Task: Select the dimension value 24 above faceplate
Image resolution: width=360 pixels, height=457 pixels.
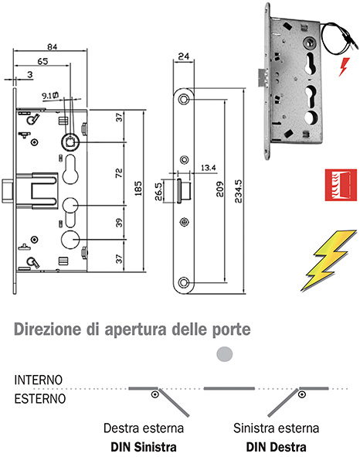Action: [183, 56]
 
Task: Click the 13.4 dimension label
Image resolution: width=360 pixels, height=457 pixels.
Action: [208, 166]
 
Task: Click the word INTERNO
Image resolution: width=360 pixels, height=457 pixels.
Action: [37, 381]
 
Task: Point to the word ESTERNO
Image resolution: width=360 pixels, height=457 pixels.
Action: [39, 399]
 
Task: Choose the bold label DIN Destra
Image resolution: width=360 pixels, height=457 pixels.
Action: [276, 446]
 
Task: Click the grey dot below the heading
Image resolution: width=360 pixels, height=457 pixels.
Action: [224, 354]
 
